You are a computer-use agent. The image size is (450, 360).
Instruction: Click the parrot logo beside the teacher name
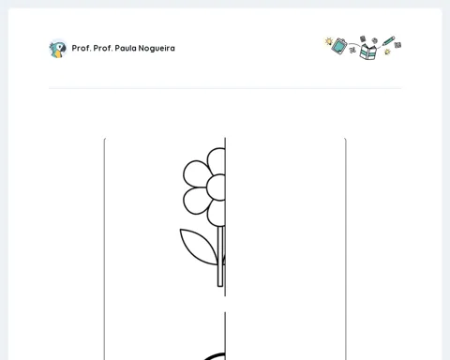[58, 49]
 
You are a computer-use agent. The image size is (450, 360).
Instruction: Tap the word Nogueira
[157, 49]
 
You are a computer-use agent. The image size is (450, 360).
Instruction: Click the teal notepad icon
[339, 46]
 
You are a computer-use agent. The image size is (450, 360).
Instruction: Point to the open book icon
[367, 52]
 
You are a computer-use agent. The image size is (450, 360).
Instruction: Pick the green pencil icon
[389, 41]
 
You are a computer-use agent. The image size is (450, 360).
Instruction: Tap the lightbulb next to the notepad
[329, 41]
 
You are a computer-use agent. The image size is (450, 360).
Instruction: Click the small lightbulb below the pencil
[387, 52]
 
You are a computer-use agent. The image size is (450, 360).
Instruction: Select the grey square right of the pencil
[397, 45]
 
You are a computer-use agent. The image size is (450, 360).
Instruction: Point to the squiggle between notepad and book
[353, 49]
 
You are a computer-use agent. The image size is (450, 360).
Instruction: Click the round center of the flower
[216, 187]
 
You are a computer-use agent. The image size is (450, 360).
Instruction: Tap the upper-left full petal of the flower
[196, 173]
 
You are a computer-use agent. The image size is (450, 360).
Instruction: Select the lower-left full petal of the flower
[196, 201]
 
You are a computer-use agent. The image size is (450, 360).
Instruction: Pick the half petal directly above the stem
[217, 214]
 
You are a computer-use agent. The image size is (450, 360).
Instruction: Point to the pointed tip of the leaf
[180, 230]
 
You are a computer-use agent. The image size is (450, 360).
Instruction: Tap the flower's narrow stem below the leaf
[220, 275]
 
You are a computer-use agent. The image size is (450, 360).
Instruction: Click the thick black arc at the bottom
[215, 356]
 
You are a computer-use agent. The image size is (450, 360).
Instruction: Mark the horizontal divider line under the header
[225, 88]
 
